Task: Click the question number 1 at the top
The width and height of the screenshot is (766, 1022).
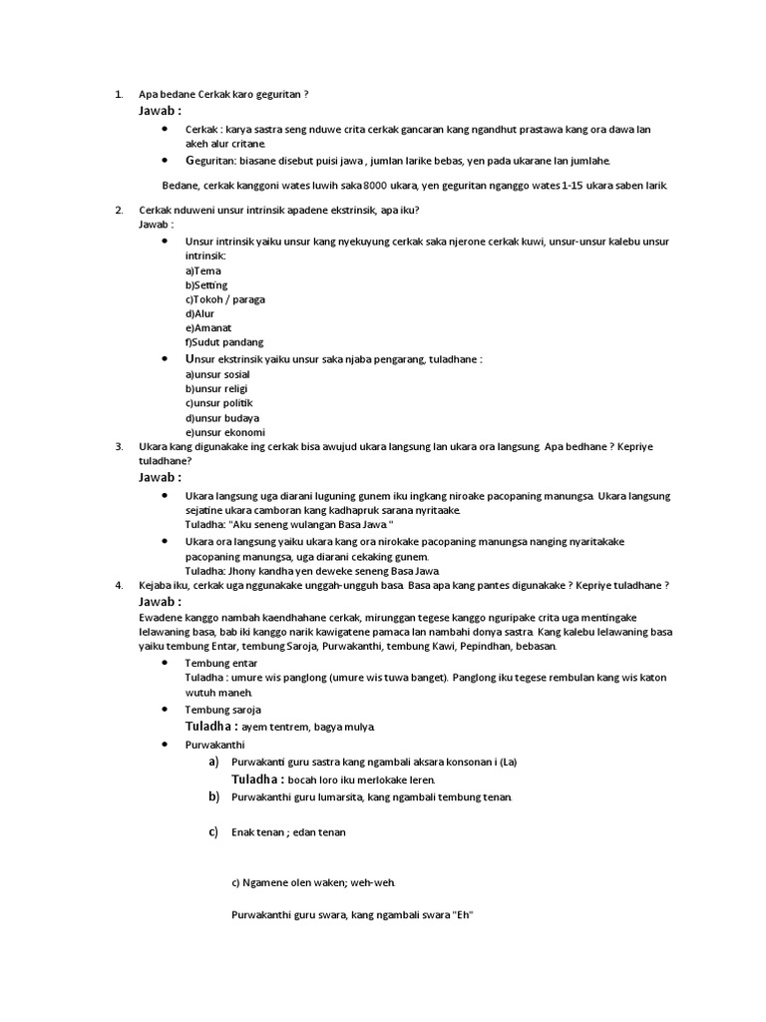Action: pos(118,95)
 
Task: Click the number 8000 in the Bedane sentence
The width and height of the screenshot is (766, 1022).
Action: pos(375,186)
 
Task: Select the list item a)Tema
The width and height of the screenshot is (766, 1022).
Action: pos(203,270)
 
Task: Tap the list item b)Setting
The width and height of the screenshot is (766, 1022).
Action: pos(206,285)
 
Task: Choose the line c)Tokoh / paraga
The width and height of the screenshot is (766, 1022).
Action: pos(225,299)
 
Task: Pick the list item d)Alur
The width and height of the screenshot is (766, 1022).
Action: pos(200,313)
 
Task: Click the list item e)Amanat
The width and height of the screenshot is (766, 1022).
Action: pos(208,327)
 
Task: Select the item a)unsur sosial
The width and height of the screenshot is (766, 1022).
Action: pos(217,374)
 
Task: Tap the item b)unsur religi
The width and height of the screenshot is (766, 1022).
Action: pos(216,388)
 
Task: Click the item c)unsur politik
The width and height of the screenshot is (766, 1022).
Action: pos(218,403)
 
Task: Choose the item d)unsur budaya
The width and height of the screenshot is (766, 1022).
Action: pos(221,417)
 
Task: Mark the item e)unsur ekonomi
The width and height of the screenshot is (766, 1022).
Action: pos(225,432)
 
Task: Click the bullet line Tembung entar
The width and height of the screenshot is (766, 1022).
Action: pos(221,663)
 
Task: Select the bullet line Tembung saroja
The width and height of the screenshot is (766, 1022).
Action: pos(223,710)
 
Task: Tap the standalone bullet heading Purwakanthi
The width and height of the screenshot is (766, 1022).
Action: pos(214,746)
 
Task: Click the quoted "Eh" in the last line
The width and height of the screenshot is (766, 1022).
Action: pos(462,914)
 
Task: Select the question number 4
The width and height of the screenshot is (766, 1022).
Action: pos(118,586)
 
